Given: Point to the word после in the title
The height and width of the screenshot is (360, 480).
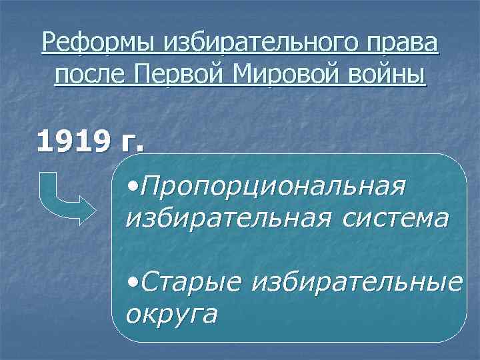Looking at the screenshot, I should pos(91,74).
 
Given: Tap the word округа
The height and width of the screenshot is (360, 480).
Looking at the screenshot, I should pos(172,313).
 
